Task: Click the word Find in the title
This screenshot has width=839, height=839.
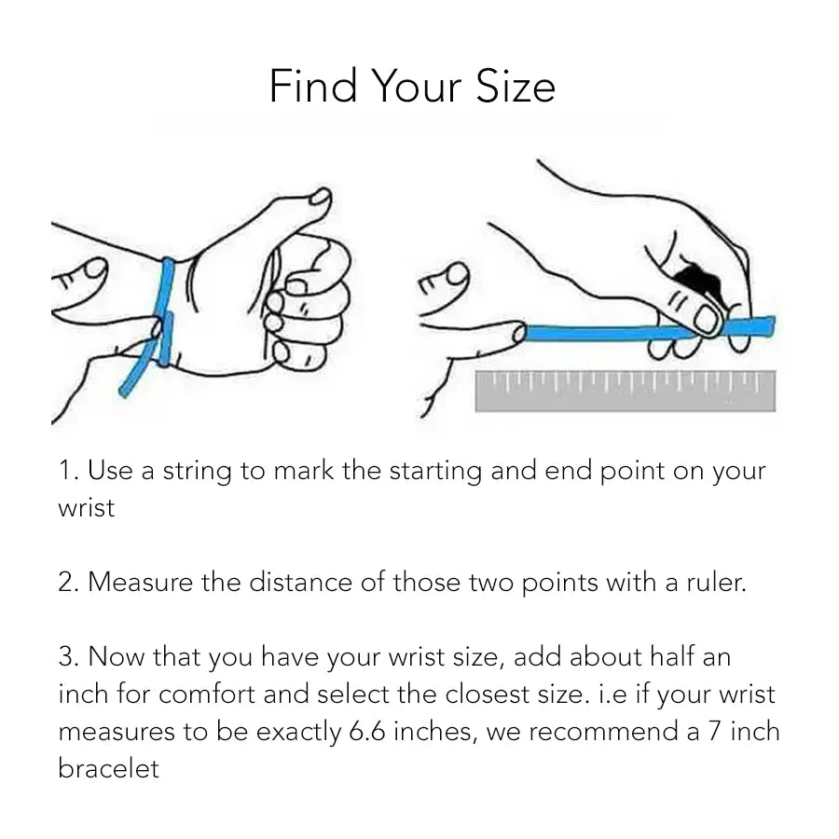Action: (x=313, y=86)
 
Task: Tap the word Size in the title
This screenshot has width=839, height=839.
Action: (x=516, y=86)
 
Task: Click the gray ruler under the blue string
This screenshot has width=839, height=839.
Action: (x=625, y=392)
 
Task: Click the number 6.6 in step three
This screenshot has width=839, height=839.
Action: (x=366, y=731)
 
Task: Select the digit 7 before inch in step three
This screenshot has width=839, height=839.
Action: (x=714, y=731)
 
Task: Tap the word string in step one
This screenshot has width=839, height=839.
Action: (x=197, y=472)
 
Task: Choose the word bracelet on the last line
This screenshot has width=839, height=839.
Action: (x=109, y=768)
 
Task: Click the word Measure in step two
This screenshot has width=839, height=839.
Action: (x=140, y=582)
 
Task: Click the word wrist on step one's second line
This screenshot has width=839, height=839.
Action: (x=86, y=508)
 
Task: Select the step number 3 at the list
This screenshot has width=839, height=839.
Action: (x=68, y=656)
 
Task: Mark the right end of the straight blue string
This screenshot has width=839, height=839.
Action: (x=773, y=326)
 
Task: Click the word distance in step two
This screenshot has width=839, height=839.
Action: (x=301, y=582)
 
